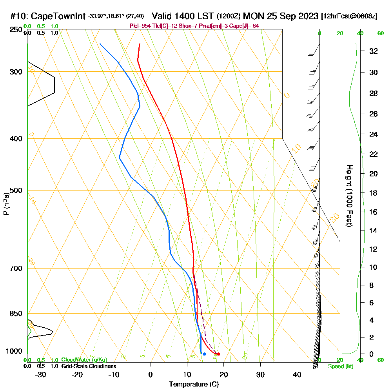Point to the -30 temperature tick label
[41, 374]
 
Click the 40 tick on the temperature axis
[297, 374]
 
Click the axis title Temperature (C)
[194, 385]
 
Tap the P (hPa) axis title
[6, 203]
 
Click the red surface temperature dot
[218, 354]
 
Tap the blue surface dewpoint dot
[205, 354]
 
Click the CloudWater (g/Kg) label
[84, 360]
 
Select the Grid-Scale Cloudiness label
[89, 366]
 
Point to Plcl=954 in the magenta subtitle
[140, 26]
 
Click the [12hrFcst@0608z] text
[349, 16]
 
